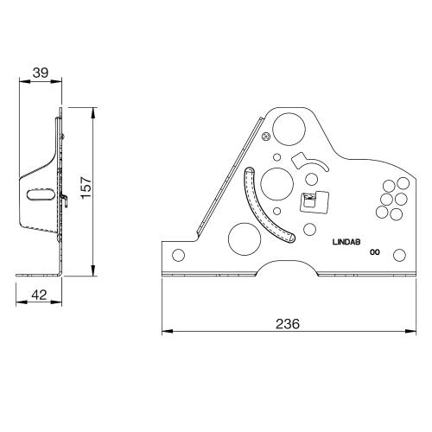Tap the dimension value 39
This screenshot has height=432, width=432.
coord(40,73)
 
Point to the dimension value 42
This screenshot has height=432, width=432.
coord(39,295)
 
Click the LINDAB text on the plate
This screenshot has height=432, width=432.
coord(350,243)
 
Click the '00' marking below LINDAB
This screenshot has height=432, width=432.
coord(375,254)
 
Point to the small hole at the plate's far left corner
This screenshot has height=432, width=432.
coord(178,255)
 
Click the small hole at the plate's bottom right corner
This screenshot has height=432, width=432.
coord(398,254)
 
